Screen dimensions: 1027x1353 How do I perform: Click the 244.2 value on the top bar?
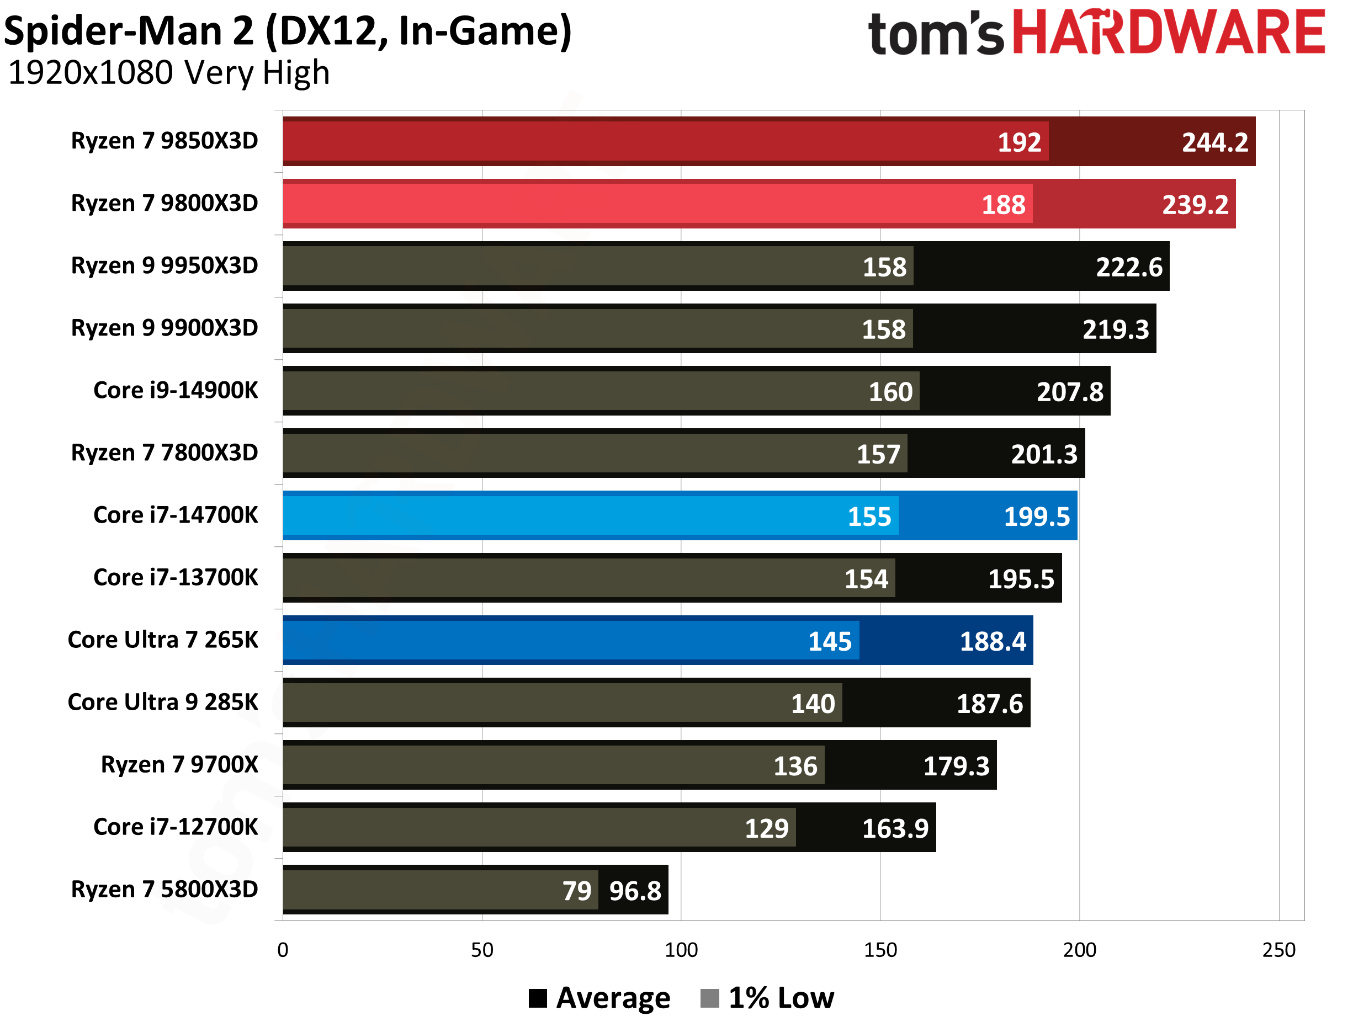(x=1214, y=142)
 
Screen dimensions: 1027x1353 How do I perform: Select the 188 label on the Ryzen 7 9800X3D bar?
(x=1003, y=205)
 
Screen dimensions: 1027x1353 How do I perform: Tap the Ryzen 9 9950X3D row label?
(x=164, y=265)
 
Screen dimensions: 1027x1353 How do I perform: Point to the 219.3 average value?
(x=1115, y=329)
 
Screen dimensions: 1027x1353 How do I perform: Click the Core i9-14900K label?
(x=175, y=390)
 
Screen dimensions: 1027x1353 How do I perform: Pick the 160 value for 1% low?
(x=890, y=392)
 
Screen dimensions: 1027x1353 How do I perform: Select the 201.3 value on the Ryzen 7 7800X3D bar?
(x=1043, y=454)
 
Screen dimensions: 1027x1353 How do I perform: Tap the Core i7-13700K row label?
(x=175, y=577)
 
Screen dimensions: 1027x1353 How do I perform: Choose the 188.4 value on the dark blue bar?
(x=992, y=641)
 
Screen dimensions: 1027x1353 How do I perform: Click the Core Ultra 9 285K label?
(x=163, y=702)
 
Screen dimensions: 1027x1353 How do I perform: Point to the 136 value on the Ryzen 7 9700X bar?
(x=794, y=766)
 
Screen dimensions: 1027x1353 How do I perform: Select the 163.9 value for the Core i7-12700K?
(x=894, y=828)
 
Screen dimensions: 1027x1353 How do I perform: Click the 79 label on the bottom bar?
(x=576, y=891)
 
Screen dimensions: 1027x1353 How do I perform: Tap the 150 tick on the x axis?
(x=879, y=950)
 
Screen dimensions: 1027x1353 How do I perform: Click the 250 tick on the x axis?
(x=1278, y=950)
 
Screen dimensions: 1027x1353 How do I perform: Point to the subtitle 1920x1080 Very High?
(x=169, y=73)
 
